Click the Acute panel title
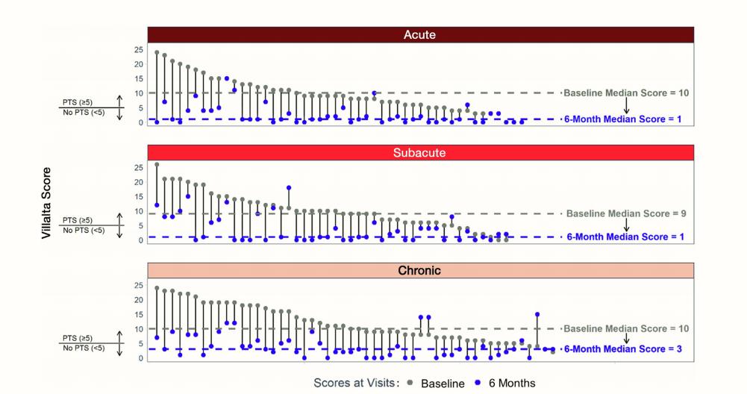420,34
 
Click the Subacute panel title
420,152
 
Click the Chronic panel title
420,269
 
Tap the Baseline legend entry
443,384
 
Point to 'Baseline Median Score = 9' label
625,213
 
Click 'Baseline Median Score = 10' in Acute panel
625,93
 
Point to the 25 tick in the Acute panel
137,49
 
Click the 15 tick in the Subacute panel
137,196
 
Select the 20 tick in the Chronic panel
137,299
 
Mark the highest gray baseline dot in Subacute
157,164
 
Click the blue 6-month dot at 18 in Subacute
289,188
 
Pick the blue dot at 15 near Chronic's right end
537,314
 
